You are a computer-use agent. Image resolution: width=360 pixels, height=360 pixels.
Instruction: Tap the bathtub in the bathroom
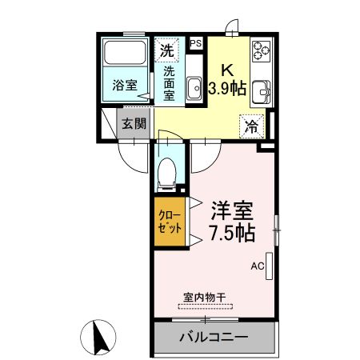[126, 56]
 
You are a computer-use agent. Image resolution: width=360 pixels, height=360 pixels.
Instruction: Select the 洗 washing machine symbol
[166, 50]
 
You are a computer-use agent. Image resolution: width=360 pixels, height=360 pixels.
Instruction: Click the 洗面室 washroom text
[169, 82]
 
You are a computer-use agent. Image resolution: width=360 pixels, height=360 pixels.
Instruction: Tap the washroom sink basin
[195, 88]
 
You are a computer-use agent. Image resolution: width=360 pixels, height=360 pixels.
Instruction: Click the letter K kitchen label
[226, 70]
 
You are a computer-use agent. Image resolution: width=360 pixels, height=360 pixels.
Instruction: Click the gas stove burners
[261, 52]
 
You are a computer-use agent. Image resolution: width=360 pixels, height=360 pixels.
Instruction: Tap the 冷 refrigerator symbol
[251, 125]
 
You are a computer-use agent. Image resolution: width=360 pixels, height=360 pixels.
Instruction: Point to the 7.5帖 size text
[232, 234]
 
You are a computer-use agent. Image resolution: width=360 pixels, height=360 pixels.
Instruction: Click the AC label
[258, 266]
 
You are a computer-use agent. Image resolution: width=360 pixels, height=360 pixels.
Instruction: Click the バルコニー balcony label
[213, 337]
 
